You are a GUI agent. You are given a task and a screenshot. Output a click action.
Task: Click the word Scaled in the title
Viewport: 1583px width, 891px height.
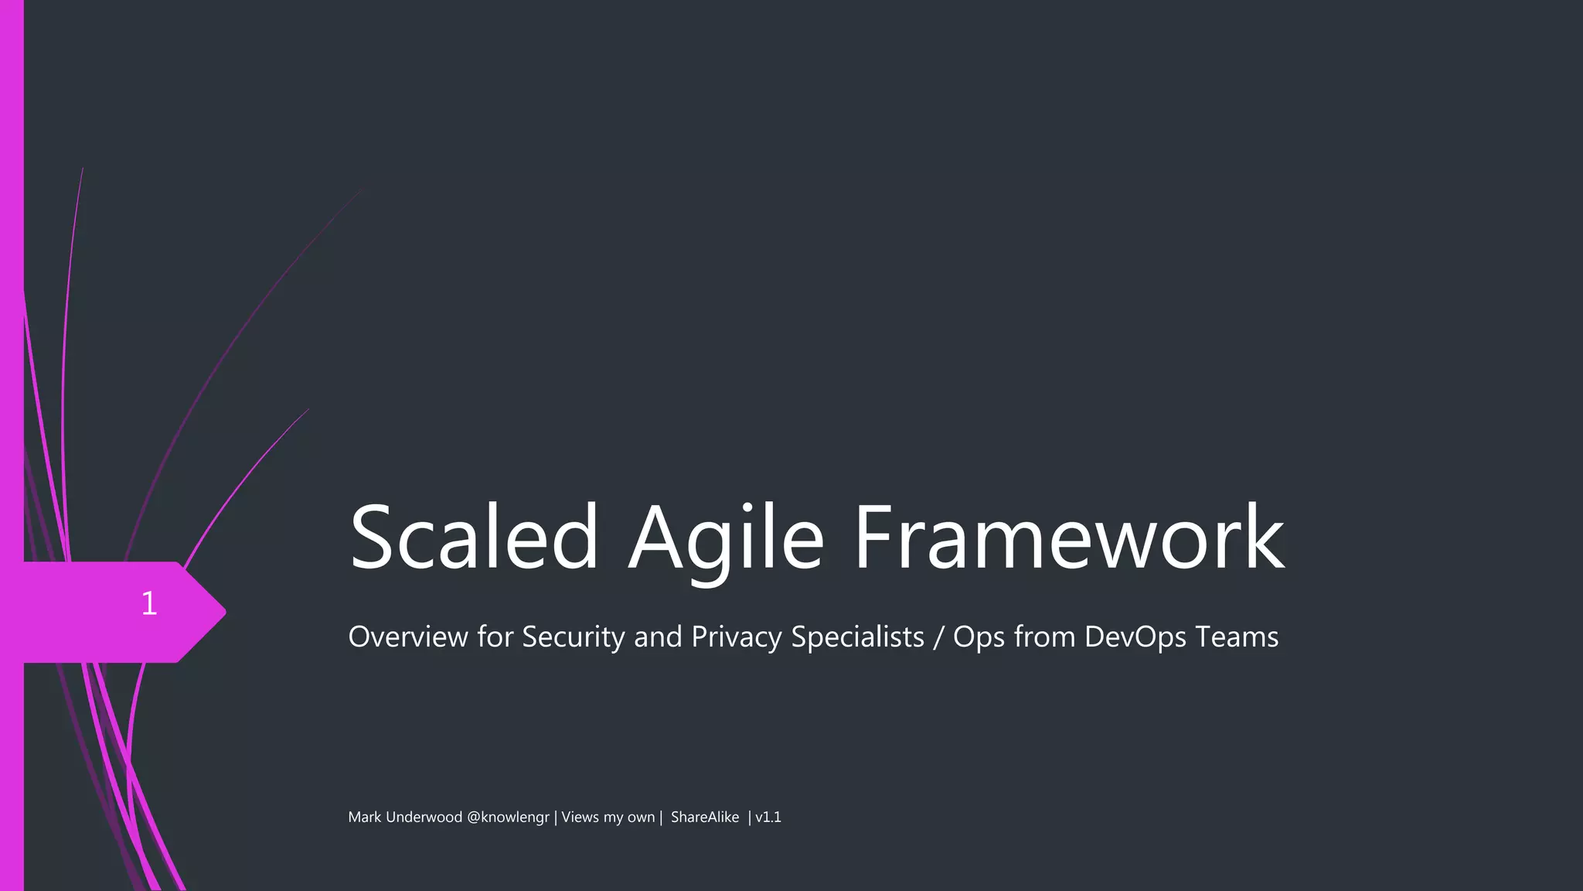coord(474,538)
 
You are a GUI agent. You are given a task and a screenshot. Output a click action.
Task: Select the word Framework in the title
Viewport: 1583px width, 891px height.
coord(1069,538)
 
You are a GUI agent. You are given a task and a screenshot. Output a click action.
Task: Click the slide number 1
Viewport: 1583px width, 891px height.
coord(149,603)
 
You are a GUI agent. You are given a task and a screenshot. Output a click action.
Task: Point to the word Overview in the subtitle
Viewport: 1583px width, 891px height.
coord(408,637)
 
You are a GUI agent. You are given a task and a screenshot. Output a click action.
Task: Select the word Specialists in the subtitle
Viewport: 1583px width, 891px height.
coord(857,637)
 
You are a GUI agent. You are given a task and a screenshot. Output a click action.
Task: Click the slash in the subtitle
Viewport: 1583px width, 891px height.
coord(938,637)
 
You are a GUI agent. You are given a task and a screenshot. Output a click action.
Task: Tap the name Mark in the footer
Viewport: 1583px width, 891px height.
coord(364,818)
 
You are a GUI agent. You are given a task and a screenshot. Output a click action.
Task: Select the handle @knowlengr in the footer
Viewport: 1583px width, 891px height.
coord(508,818)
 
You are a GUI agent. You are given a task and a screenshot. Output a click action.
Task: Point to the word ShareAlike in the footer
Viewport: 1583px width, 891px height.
coord(704,818)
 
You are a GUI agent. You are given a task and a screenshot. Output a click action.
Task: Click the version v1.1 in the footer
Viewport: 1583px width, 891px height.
coord(768,818)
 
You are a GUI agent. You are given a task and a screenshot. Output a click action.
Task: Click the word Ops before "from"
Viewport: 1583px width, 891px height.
coord(979,637)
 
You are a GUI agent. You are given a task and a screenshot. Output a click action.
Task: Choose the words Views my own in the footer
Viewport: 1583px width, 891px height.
coord(608,818)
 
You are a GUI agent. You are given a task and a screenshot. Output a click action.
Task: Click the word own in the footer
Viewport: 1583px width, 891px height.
coord(641,818)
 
